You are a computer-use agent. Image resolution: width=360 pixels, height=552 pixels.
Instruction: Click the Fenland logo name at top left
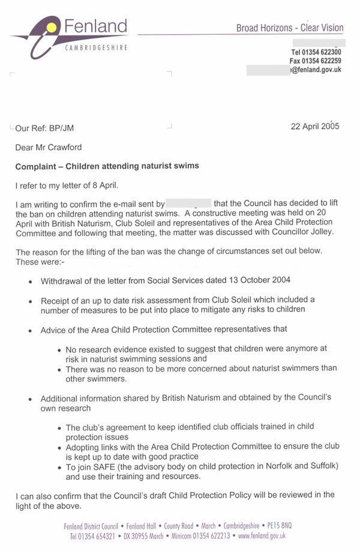(95, 27)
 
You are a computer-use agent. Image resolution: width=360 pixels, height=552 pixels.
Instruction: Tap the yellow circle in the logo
(52, 26)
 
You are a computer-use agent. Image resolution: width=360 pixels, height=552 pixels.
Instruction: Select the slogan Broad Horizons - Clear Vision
(290, 28)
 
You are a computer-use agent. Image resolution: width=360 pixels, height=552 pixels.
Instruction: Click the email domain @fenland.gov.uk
(316, 70)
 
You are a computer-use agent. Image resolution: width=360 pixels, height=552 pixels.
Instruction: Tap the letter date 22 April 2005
(315, 127)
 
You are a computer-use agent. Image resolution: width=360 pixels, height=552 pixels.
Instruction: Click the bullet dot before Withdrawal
(31, 281)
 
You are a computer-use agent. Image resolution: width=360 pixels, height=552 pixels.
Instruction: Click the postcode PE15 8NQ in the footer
(278, 526)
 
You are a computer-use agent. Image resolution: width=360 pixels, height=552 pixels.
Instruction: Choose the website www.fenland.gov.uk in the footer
(262, 536)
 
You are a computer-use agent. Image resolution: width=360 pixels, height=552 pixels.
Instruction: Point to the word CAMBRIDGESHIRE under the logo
(96, 47)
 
